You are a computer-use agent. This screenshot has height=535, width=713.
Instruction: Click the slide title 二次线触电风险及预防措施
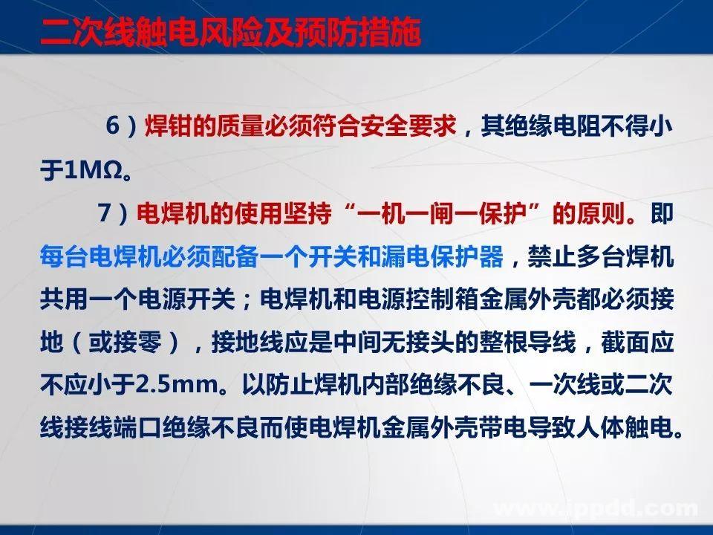[231, 32]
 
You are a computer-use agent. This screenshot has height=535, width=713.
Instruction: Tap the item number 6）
[122, 126]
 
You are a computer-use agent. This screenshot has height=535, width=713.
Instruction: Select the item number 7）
[116, 215]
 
